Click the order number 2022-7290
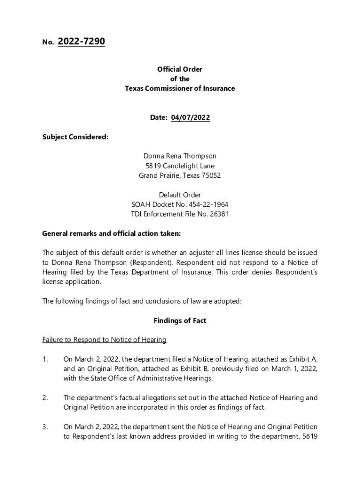[81, 42]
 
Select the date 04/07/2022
[190, 117]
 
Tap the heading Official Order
[180, 69]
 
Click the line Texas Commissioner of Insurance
[180, 88]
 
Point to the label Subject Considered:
[75, 137]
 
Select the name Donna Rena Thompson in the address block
[180, 156]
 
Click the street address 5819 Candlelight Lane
[180, 166]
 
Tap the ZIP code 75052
[211, 175]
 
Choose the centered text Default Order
[180, 195]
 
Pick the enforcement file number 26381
[218, 214]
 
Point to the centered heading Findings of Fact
[180, 320]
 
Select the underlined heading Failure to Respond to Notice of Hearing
[104, 340]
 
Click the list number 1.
[45, 359]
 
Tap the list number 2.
[45, 398]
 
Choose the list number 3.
[45, 427]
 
